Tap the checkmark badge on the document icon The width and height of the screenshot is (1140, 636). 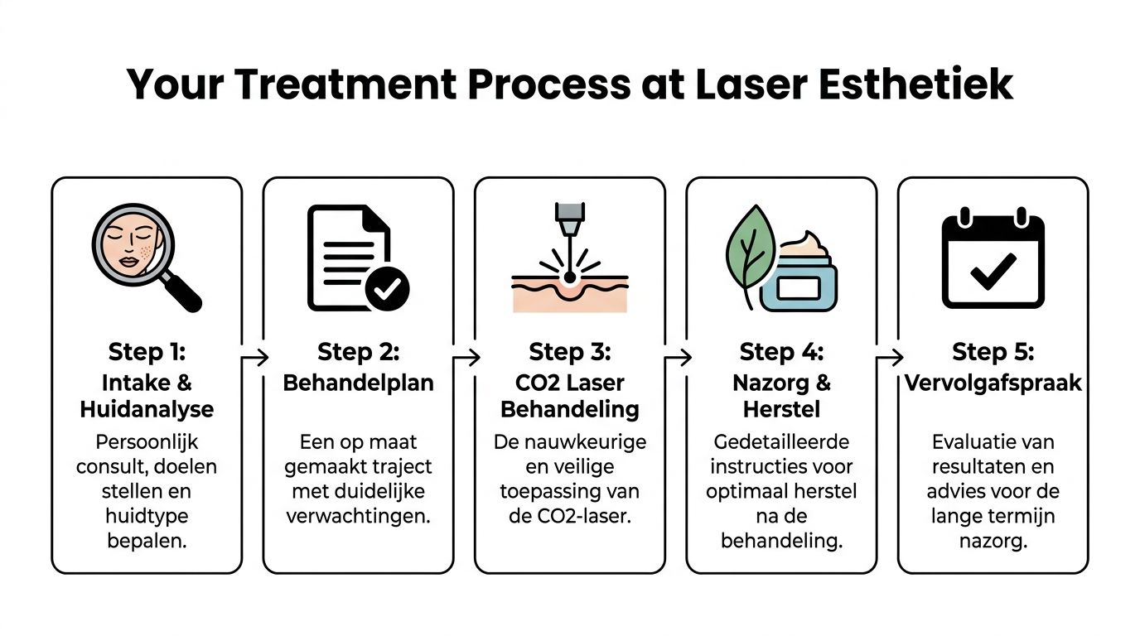pos(387,287)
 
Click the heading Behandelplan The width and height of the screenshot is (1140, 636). pos(358,383)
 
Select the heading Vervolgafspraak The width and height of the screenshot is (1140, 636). pos(993,383)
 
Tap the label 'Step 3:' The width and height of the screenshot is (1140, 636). pos(569,352)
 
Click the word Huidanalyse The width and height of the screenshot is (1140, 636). pos(147,409)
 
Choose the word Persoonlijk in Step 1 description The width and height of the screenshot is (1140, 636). pos(147,441)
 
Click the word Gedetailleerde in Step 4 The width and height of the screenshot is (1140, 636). pos(780,441)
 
